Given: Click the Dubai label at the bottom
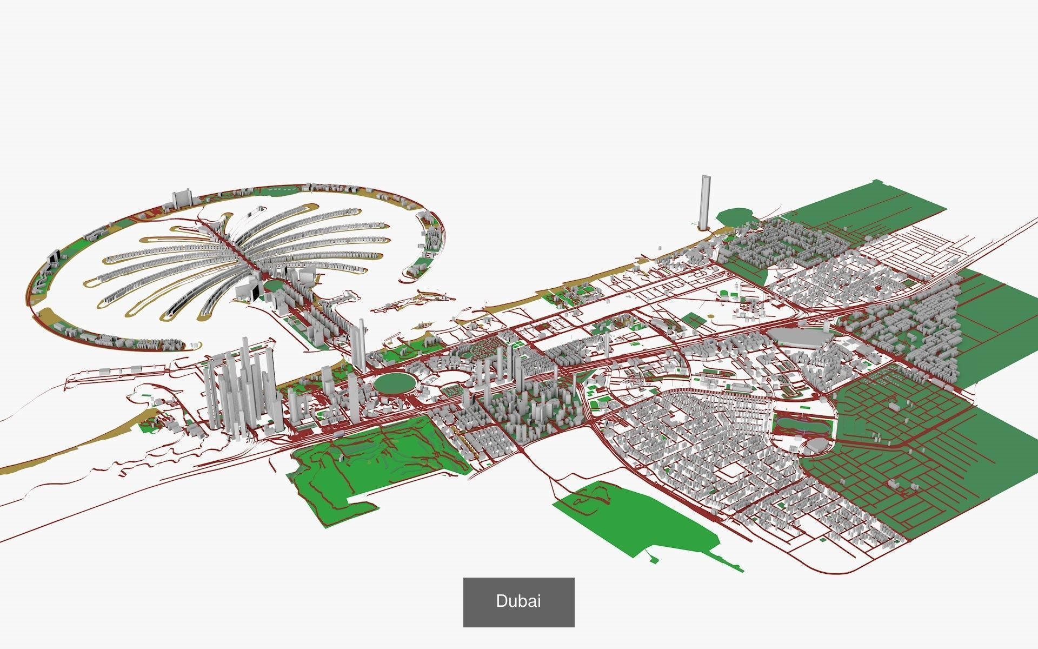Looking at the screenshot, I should click(518, 602).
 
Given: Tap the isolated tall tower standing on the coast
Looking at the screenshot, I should click(704, 203).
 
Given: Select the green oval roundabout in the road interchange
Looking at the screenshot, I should click(396, 383).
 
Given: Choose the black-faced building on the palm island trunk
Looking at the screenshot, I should click(253, 292).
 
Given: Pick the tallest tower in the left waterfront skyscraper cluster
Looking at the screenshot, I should click(246, 379).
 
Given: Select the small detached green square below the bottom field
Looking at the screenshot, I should click(654, 560).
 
